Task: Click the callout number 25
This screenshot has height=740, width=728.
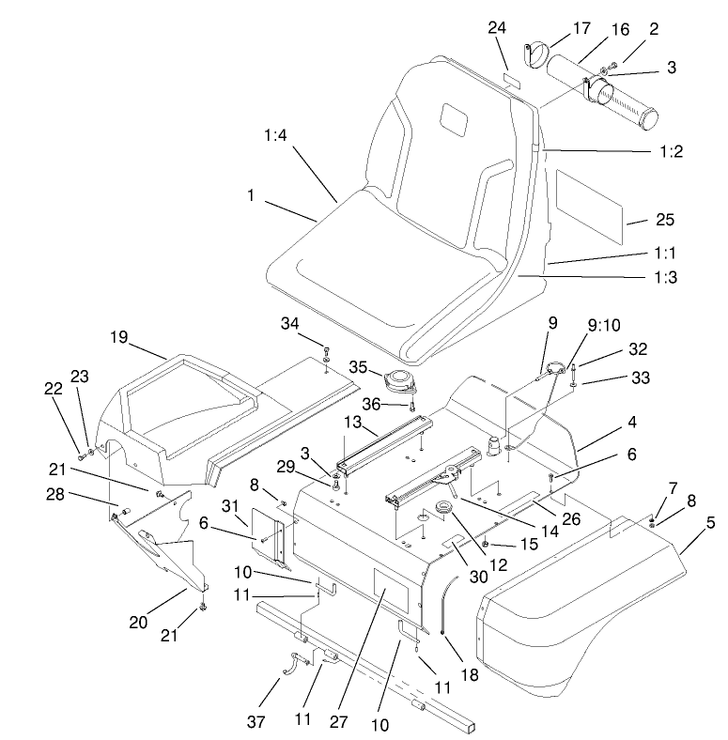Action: point(665,220)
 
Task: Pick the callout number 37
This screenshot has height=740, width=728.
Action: point(256,721)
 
